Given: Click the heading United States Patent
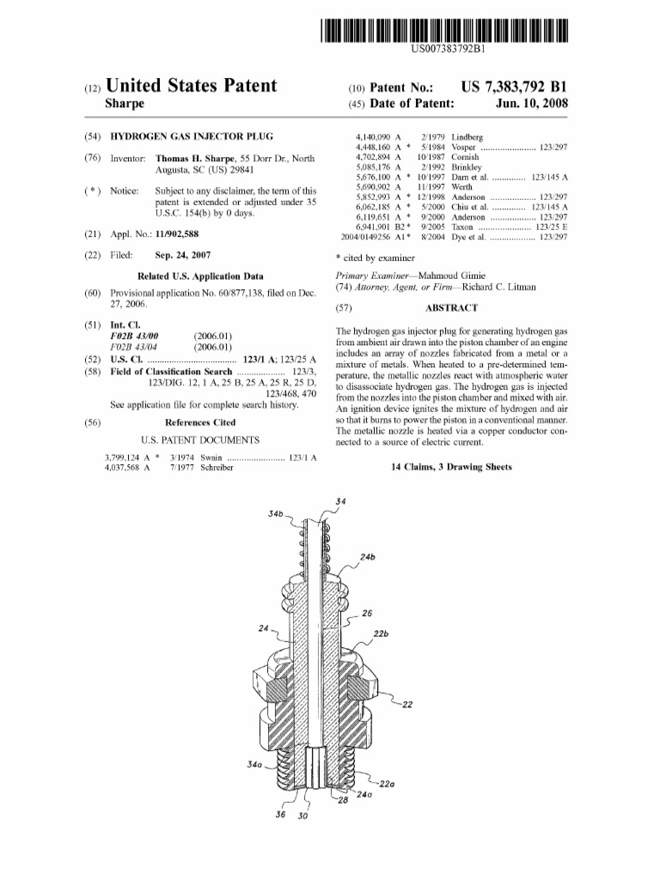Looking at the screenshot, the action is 191,86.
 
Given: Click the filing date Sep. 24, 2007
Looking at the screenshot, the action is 182,255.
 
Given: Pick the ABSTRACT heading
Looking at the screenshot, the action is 450,307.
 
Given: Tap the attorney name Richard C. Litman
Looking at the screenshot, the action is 498,288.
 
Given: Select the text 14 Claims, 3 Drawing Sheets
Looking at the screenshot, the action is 451,468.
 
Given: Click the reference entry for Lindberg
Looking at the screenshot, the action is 467,137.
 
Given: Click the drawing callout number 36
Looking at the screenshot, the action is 280,814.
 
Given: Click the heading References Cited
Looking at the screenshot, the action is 199,422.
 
